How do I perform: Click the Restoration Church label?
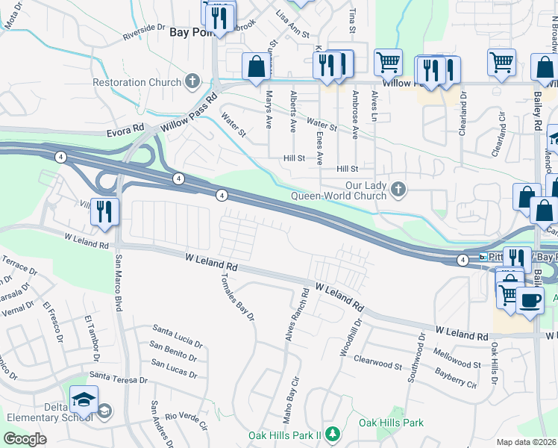[137, 82]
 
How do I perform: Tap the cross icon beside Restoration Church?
[192, 81]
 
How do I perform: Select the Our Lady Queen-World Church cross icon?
[398, 190]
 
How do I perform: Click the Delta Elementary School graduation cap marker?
[84, 402]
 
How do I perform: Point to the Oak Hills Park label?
[390, 423]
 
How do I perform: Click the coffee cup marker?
[530, 300]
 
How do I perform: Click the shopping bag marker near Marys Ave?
[256, 66]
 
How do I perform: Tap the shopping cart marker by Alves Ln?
[388, 63]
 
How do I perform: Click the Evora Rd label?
[124, 131]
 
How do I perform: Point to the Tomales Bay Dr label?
[238, 296]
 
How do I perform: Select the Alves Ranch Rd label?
[295, 315]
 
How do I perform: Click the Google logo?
[25, 439]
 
